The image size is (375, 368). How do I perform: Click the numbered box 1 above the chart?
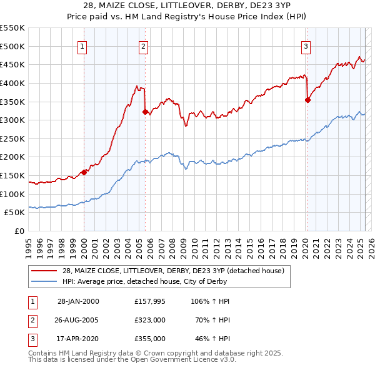click(83, 46)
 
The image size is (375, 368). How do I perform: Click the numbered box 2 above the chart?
click(144, 46)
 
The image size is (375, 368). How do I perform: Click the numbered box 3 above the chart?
click(306, 46)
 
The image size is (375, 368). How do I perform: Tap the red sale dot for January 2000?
click(84, 172)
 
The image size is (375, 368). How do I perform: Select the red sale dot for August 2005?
click(145, 112)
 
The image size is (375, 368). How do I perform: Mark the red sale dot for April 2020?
click(307, 100)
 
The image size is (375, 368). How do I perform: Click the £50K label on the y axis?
click(15, 212)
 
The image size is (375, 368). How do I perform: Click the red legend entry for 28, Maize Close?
click(173, 271)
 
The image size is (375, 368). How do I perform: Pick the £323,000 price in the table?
click(149, 320)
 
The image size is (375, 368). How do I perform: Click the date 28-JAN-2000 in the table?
click(78, 301)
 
